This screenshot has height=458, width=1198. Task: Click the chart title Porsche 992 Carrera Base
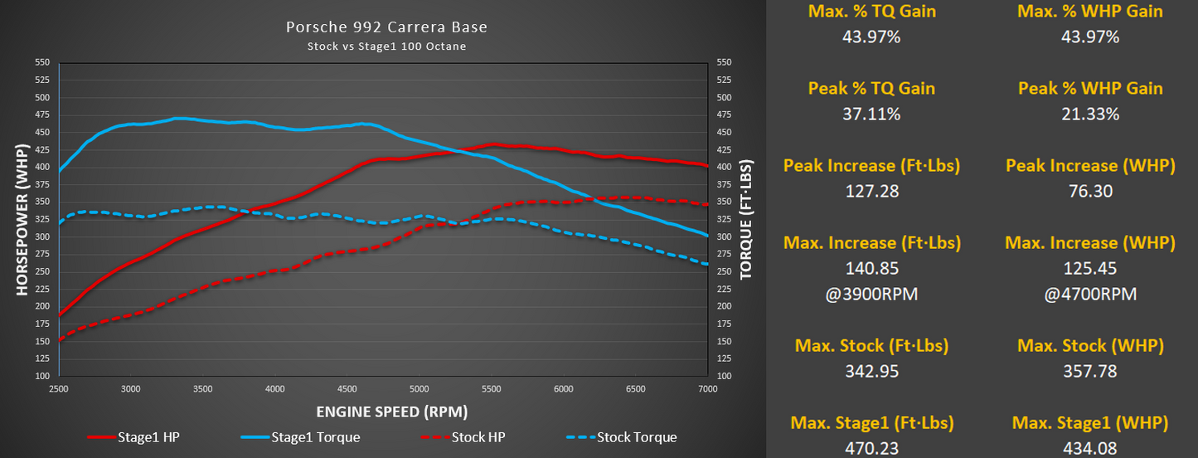[386, 27]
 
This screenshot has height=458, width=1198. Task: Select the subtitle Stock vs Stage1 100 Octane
[386, 46]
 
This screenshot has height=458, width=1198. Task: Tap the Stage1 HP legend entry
[148, 437]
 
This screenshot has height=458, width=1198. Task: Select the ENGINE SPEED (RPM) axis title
[386, 412]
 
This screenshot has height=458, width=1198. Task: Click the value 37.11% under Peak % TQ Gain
[871, 114]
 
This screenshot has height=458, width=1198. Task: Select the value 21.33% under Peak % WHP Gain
[1090, 114]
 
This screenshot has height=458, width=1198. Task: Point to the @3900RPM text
[871, 295]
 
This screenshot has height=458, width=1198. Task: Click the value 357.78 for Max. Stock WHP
[1090, 371]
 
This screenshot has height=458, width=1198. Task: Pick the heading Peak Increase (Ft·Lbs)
[871, 166]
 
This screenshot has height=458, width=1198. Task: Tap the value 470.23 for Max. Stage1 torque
[871, 448]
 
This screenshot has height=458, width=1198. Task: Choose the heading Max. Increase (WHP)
[1090, 243]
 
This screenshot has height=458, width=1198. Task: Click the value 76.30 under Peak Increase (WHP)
[1090, 192]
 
